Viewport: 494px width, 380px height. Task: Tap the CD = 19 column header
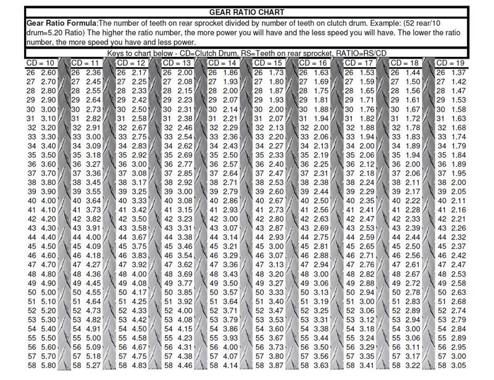coord(451,64)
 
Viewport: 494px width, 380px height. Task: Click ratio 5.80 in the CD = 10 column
coord(48,365)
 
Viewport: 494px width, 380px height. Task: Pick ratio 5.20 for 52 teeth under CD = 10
coord(48,310)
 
